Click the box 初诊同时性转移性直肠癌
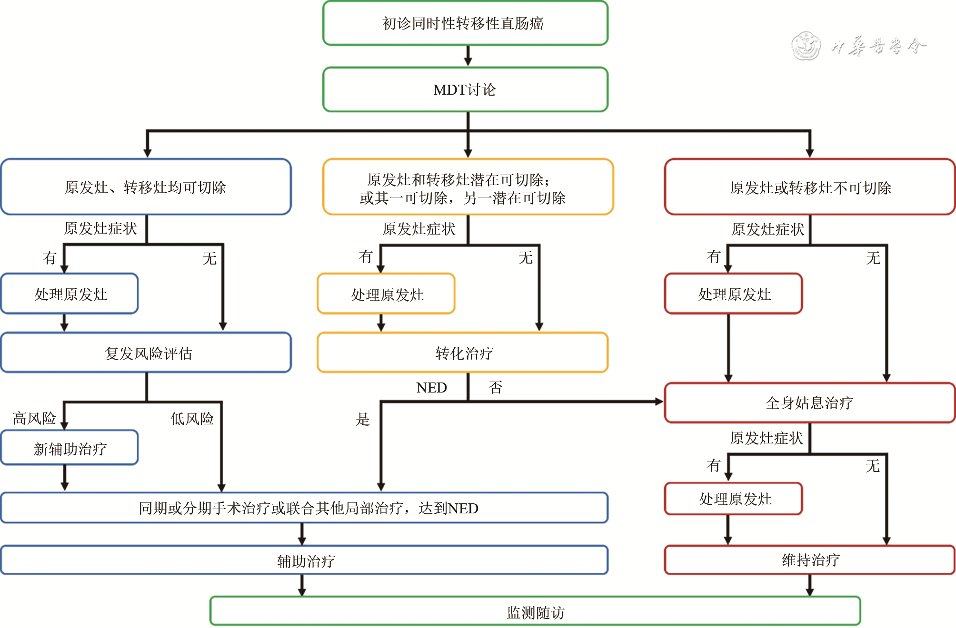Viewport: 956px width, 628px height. (x=465, y=23)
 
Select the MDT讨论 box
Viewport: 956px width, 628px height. (x=465, y=89)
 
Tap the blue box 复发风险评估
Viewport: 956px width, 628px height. (x=146, y=353)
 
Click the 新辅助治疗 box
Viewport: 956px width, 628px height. (x=70, y=448)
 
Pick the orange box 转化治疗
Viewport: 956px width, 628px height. (x=463, y=353)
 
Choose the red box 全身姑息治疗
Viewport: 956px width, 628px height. (x=809, y=403)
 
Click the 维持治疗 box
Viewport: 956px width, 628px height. (x=809, y=560)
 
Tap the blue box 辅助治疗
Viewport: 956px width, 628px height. (x=305, y=560)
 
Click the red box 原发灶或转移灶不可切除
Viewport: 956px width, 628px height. (x=809, y=187)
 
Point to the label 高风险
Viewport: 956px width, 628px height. (x=34, y=419)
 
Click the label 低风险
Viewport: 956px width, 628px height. (x=192, y=419)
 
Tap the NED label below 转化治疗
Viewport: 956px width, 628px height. (x=431, y=388)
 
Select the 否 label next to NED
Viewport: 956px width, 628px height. (x=495, y=388)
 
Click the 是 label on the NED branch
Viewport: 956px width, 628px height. (x=363, y=419)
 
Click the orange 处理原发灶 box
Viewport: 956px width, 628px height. (x=387, y=294)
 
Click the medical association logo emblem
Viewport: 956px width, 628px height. (x=806, y=46)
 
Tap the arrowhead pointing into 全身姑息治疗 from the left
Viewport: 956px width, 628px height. (x=659, y=402)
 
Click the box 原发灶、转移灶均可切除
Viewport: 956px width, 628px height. (x=146, y=187)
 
